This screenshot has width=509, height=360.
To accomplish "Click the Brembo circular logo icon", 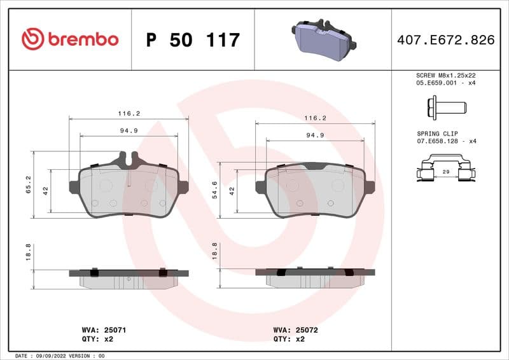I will coord(32,39).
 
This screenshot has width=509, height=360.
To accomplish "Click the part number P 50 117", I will coord(193,40).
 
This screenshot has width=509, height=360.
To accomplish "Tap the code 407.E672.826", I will coord(445,40).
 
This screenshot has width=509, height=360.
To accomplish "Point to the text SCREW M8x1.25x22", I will coord(445,75).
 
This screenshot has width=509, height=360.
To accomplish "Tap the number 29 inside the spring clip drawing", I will coord(446,172).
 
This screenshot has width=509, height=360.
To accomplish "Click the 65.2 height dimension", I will coord(29,184).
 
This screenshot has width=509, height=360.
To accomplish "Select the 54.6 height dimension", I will coord(214,190).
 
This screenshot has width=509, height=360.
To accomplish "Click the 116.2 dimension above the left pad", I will coord(129,113).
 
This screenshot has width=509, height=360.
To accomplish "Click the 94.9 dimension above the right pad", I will coord(315,135).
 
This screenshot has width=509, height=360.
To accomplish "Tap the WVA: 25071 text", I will coord(104,330).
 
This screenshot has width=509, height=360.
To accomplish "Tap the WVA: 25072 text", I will coord(295,330).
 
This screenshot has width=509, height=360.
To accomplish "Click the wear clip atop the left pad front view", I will coord(127,156).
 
